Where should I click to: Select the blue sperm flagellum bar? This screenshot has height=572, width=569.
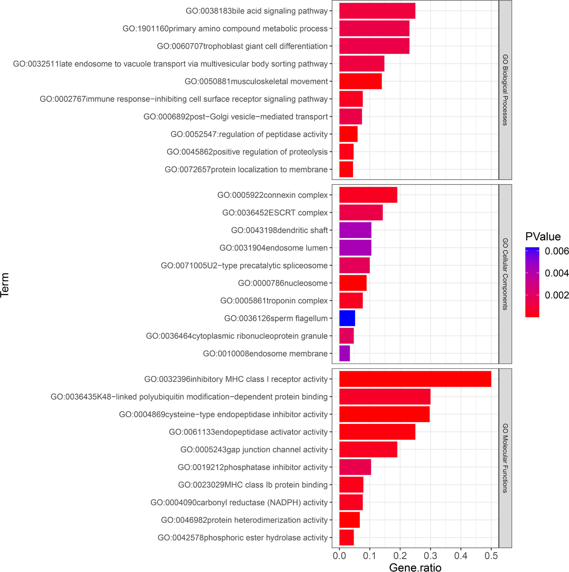point(347,318)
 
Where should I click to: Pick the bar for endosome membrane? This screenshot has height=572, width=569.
point(344,353)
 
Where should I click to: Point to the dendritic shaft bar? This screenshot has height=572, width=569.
point(355,230)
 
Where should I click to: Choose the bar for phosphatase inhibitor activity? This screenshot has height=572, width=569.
point(355,467)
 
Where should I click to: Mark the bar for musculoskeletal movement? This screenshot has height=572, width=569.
point(360,81)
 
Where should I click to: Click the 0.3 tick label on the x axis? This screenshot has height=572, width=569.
point(430,555)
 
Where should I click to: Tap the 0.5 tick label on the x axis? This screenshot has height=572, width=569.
point(491,555)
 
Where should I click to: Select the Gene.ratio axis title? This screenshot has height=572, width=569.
point(415,567)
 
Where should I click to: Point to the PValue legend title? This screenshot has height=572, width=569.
point(543,236)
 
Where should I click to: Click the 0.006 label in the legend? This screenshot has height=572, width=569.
point(557,251)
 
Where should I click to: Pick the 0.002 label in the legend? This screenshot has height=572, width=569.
point(557,295)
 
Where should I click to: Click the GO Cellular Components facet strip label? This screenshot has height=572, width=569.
point(505,274)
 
